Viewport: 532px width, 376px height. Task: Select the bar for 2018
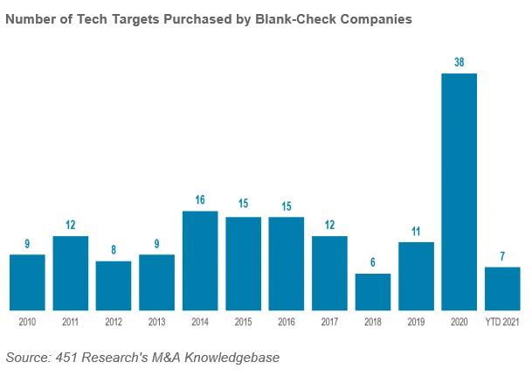[372, 291]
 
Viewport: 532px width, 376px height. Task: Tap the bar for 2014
[200, 260]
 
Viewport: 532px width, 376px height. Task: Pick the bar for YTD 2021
[502, 288]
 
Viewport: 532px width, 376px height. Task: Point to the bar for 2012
[114, 285]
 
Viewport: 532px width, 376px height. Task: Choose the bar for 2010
[27, 282]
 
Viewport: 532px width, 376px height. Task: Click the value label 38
[459, 63]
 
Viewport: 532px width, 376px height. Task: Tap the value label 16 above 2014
[200, 200]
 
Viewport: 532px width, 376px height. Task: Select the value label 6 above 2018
[373, 263]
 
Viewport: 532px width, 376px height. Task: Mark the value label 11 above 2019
[416, 232]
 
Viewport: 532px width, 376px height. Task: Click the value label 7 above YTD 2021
[502, 257]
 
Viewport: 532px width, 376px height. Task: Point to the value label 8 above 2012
[114, 250]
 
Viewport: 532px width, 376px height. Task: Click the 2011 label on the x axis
[71, 323]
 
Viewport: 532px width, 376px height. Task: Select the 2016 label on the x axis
[287, 323]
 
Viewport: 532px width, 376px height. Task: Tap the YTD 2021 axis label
[502, 323]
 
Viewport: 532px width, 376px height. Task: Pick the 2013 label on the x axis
[157, 323]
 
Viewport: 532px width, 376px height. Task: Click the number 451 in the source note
[66, 358]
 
